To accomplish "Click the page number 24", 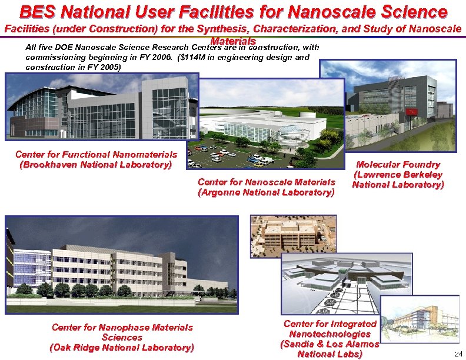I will pyautogui.click(x=458, y=353).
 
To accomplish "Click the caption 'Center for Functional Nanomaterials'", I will pyautogui.click(x=96, y=155).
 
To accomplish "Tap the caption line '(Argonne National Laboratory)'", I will pyautogui.click(x=267, y=192).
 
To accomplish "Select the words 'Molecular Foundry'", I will pyautogui.click(x=398, y=165).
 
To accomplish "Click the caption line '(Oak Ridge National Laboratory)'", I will pyautogui.click(x=122, y=348).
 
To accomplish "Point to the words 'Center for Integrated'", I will pyautogui.click(x=329, y=324).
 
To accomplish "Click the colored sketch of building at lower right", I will pyautogui.click(x=420, y=320).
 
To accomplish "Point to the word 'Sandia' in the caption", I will pyautogui.click(x=300, y=344).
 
